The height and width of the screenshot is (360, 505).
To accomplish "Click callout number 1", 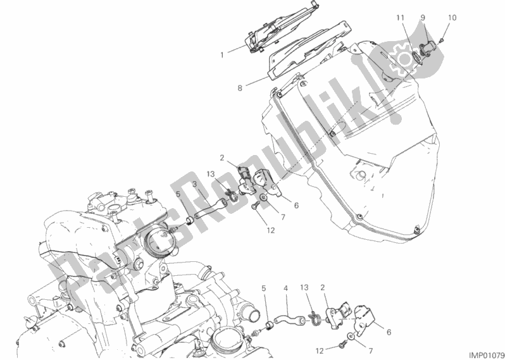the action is point(222,56).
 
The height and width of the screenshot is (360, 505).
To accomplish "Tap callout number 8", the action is point(240,87).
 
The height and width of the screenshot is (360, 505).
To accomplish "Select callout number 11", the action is point(400,18).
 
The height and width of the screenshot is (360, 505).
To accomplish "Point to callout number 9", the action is point(423,18).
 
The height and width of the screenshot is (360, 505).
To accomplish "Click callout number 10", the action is point(452,18).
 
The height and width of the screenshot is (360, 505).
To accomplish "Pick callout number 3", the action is point(195,184).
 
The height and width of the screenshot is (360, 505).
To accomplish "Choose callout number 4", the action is point(285,289).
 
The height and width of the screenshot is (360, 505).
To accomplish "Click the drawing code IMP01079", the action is point(486,355).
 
